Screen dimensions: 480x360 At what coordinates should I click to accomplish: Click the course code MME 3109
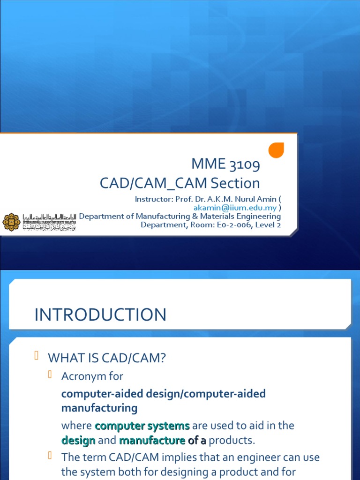tap(225, 165)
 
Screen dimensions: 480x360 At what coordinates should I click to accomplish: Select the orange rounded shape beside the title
tap(276, 150)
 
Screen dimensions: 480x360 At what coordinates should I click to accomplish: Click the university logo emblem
tap(11, 222)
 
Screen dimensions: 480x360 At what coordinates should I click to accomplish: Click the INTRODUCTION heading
tap(100, 315)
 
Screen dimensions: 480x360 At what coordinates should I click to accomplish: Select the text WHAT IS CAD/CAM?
tap(107, 359)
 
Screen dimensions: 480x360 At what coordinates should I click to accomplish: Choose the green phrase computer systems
tap(142, 426)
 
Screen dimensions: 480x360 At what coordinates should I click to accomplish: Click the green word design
tap(78, 441)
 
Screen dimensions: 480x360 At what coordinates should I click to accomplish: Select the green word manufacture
tap(152, 441)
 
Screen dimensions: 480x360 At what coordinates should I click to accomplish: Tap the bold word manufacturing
tap(99, 408)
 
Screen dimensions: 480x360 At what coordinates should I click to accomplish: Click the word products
tap(232, 441)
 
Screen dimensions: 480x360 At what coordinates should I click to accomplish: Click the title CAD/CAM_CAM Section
tap(180, 183)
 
